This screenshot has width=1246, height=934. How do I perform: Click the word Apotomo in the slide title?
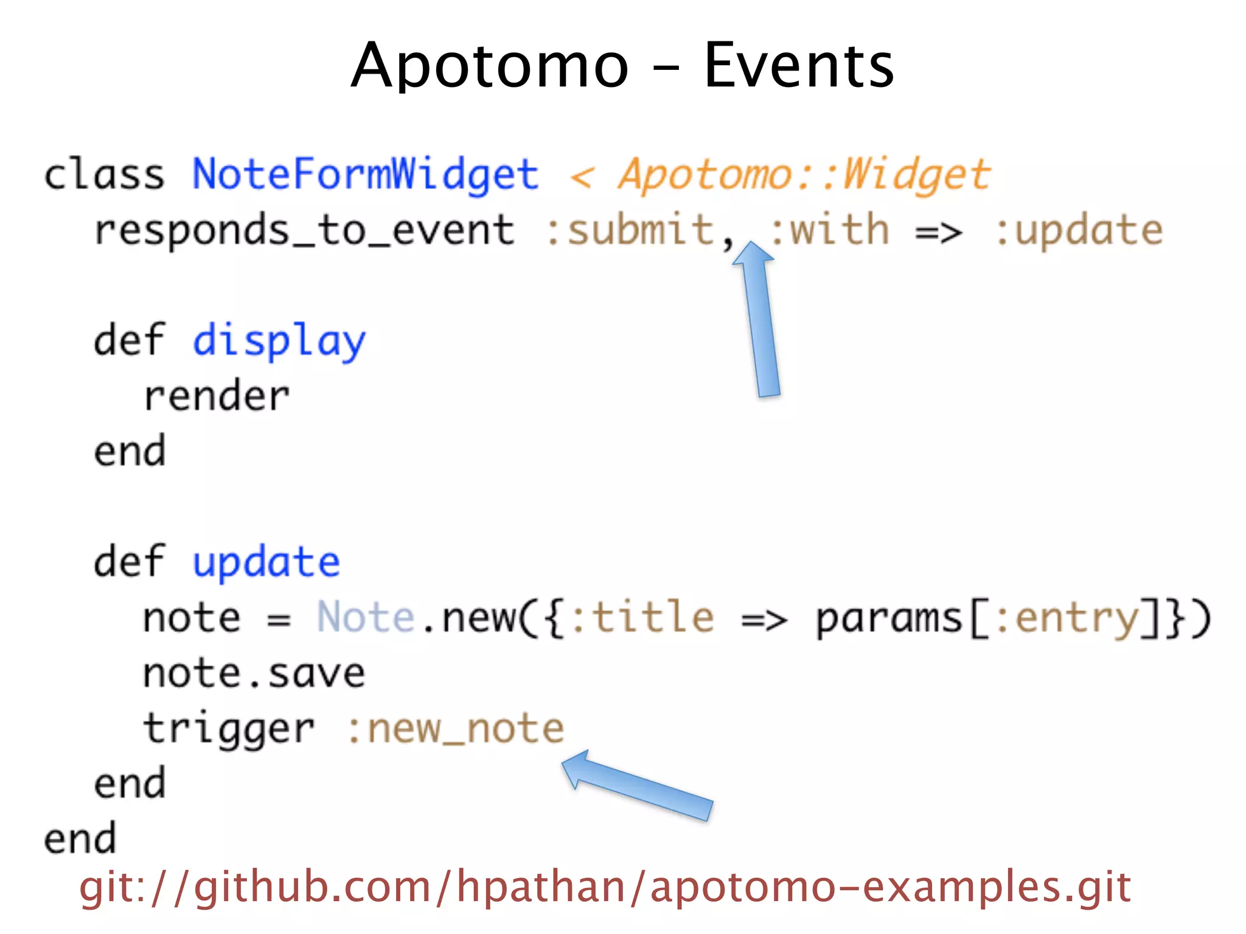click(490, 66)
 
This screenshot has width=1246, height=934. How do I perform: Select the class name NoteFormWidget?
click(366, 175)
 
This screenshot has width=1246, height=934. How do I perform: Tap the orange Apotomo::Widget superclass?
click(804, 175)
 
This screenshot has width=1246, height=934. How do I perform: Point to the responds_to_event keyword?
click(304, 230)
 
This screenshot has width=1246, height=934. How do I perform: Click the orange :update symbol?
click(1079, 230)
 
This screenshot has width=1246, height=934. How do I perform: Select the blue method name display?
click(279, 341)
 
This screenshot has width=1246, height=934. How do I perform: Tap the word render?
click(217, 396)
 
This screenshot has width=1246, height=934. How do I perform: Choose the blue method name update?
click(266, 562)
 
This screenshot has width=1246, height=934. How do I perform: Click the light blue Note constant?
click(366, 618)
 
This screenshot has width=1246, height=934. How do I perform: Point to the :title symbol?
click(643, 618)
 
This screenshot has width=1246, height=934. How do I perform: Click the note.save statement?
click(254, 674)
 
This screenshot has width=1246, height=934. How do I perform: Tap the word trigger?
click(229, 729)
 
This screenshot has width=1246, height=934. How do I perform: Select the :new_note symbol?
click(456, 729)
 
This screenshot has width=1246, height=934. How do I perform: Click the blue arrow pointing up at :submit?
click(760, 322)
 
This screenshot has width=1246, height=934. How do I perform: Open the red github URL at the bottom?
click(605, 887)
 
